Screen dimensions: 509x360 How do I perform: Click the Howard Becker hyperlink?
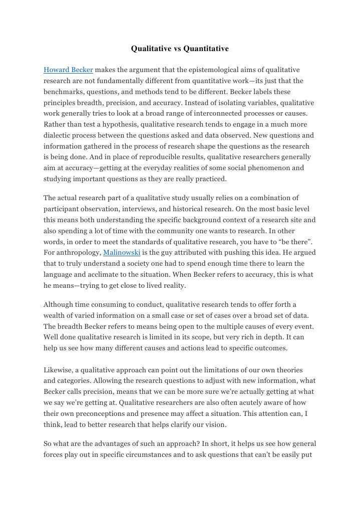click(x=68, y=70)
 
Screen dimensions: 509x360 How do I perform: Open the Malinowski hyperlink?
click(x=122, y=252)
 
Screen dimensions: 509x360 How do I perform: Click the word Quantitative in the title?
click(x=206, y=49)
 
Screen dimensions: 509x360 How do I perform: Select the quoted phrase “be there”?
click(x=297, y=241)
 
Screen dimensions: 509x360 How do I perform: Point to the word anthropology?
click(x=78, y=252)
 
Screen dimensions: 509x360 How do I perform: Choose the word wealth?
click(x=55, y=315)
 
